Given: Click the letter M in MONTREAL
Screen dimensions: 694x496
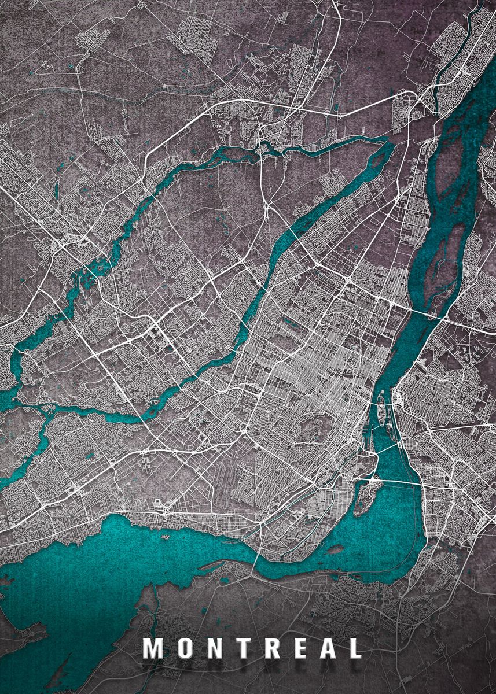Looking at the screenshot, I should (x=153, y=648).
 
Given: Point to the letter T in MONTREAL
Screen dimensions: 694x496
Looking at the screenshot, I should (x=248, y=648).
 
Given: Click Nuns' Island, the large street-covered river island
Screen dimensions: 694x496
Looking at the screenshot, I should (x=367, y=495).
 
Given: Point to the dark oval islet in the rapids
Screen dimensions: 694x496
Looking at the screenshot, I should (x=336, y=549).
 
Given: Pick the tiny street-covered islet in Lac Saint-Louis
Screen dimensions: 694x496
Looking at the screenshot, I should (x=165, y=537).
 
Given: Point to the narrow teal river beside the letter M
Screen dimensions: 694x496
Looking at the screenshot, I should (x=154, y=613).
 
